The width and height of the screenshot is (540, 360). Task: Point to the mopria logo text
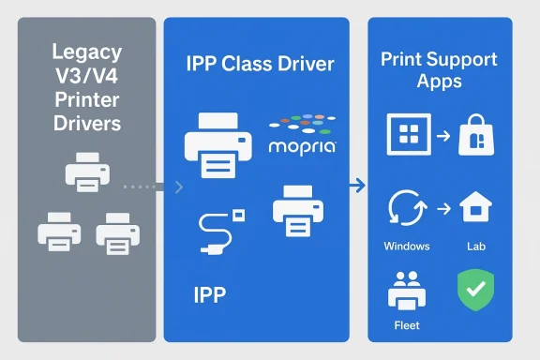[302, 148]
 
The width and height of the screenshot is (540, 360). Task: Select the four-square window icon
[410, 137]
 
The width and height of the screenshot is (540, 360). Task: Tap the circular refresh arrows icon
[408, 209]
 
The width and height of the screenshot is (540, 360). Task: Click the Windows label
[407, 246]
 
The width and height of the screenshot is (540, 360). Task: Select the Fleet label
[407, 325]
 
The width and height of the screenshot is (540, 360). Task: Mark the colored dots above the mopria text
[301, 125]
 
